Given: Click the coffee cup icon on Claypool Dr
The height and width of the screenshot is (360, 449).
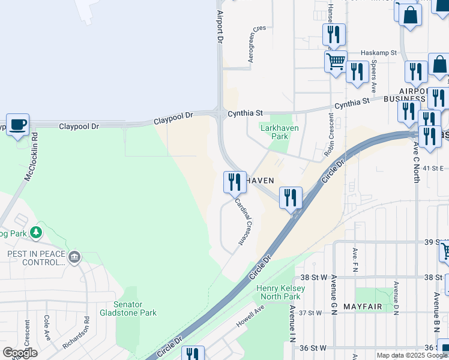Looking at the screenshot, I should tap(17, 125).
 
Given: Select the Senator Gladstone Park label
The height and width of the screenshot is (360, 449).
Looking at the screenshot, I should tap(135, 308).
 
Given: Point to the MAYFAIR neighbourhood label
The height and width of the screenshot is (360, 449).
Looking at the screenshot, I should tap(363, 307).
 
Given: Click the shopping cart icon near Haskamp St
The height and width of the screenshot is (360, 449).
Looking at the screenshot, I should tap(336, 60).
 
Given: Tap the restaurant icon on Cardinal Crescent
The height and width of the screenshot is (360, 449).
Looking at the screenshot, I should tap(235, 181).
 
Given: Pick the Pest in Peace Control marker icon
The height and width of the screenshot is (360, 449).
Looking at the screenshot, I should tap(74, 257).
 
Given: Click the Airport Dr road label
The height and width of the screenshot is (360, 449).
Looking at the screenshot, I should tap(220, 26).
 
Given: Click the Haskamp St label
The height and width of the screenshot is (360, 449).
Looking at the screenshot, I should tap(379, 53).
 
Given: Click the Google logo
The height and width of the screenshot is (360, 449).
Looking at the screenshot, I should tap(20, 353).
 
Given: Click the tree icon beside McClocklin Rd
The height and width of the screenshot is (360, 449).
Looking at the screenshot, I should tap(37, 231).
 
